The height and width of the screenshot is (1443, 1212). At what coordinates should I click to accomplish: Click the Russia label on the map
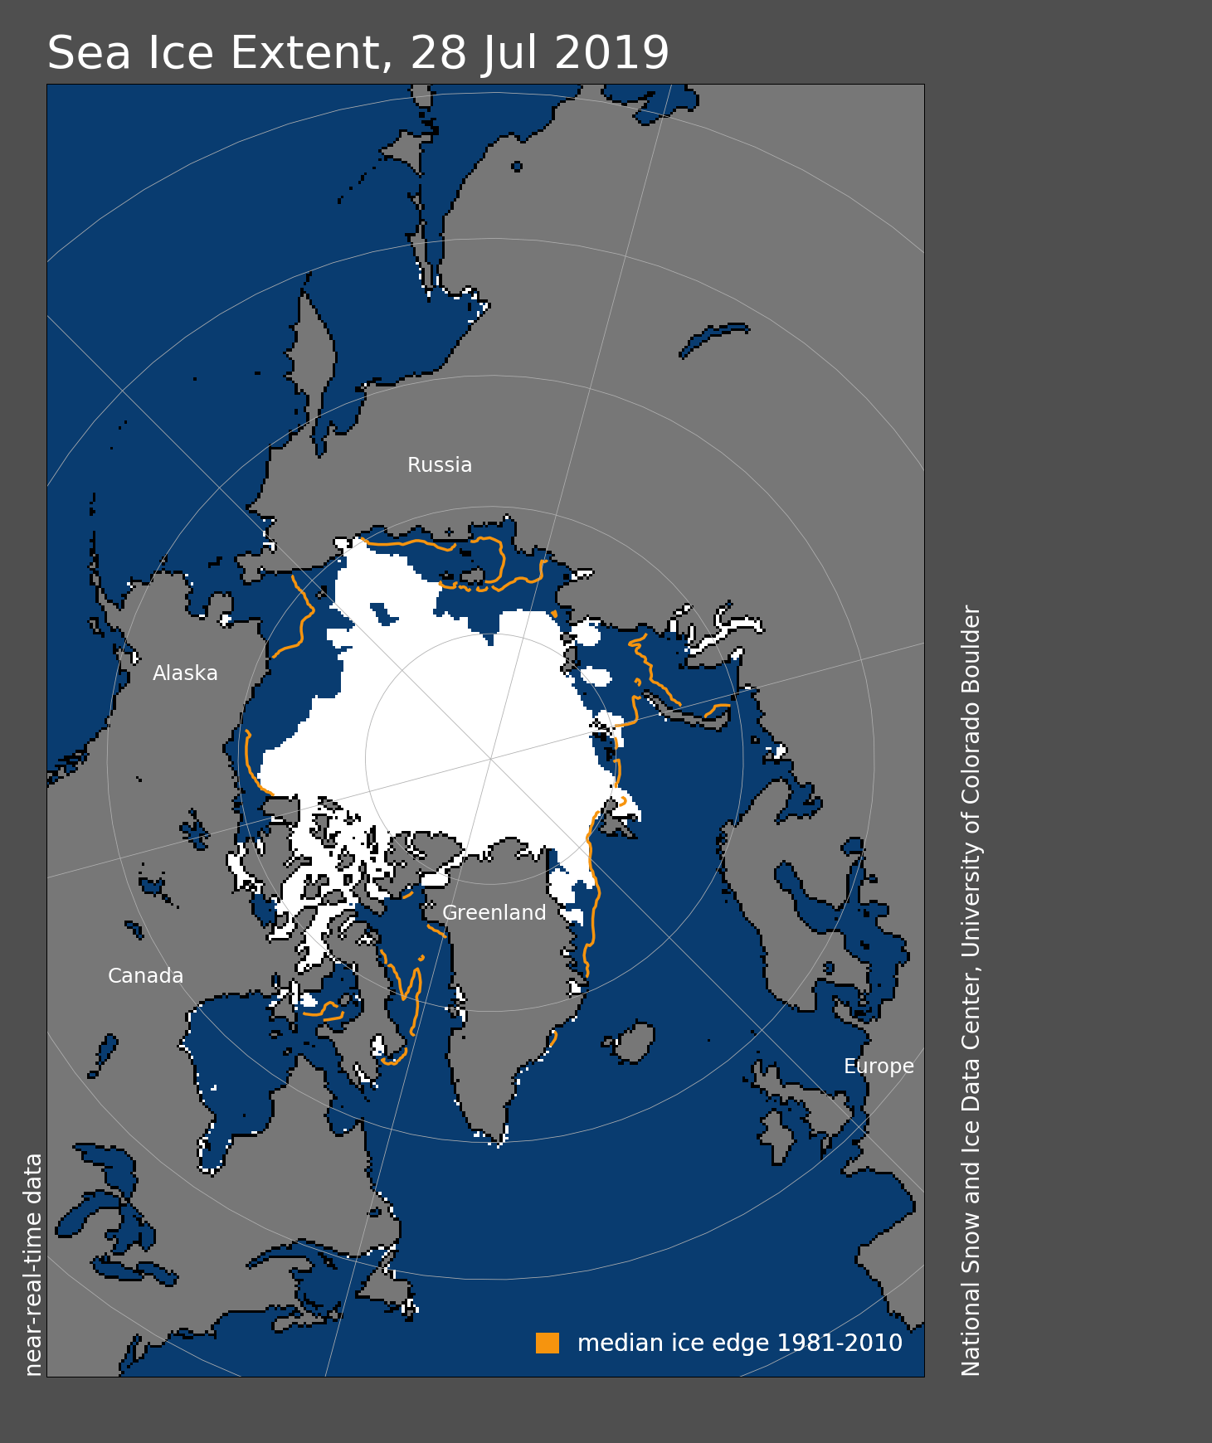[x=440, y=465]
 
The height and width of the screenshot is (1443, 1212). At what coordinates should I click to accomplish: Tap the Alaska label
[x=185, y=673]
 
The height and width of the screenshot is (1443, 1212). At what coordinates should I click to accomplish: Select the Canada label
[x=145, y=976]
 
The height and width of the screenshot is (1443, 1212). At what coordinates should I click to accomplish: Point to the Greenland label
[x=494, y=913]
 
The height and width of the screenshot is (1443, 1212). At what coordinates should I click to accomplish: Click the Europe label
[x=879, y=1066]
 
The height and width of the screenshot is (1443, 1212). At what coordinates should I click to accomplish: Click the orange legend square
[x=548, y=1343]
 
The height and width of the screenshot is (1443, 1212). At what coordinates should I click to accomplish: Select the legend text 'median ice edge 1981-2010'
[x=739, y=1343]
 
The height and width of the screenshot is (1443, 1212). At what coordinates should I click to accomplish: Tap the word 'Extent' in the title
[x=305, y=53]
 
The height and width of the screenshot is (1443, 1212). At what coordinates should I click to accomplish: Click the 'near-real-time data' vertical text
[x=33, y=1265]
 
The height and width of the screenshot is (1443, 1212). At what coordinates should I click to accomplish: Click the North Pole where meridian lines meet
[x=491, y=758]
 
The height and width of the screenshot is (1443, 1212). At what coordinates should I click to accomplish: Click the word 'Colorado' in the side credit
[x=971, y=755]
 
